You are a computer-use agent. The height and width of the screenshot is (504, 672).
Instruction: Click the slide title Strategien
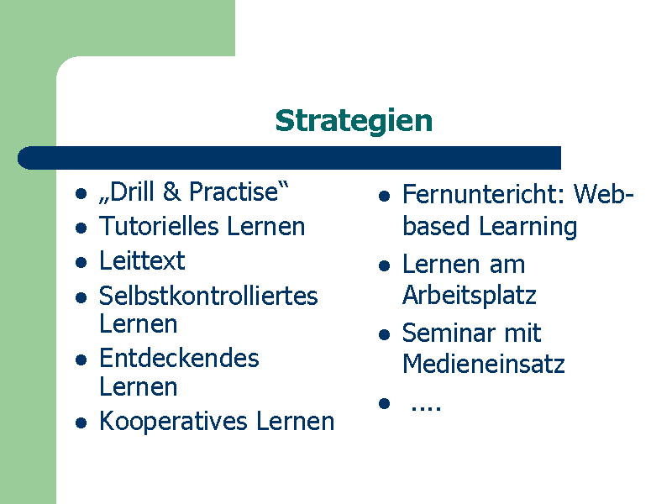click(354, 121)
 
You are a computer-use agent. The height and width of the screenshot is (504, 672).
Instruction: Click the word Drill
click(131, 192)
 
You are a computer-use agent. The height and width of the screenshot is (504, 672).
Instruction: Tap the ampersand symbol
click(171, 192)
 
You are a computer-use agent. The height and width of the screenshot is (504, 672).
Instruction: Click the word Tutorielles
click(159, 226)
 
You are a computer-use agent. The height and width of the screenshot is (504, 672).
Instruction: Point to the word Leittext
click(142, 260)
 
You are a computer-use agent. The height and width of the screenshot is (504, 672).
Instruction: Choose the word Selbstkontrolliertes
click(208, 296)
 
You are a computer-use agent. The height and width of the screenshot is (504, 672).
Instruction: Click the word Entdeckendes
click(179, 358)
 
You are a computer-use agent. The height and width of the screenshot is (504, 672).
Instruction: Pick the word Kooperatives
click(174, 422)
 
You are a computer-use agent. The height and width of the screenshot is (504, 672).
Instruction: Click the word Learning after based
click(528, 227)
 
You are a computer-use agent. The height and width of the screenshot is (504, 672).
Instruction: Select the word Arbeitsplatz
click(470, 296)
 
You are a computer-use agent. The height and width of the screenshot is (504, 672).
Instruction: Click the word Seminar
click(448, 333)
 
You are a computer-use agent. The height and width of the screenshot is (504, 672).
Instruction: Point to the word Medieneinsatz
click(484, 365)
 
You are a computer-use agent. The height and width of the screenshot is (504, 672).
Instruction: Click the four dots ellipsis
click(426, 408)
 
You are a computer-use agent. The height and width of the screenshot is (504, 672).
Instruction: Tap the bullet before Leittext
click(81, 262)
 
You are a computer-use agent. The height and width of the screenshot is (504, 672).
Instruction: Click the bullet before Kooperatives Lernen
click(81, 423)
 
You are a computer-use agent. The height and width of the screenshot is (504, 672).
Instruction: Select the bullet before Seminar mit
click(385, 334)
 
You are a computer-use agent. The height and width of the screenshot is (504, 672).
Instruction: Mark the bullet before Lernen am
click(385, 265)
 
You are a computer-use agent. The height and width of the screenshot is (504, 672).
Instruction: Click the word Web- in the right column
click(603, 194)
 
